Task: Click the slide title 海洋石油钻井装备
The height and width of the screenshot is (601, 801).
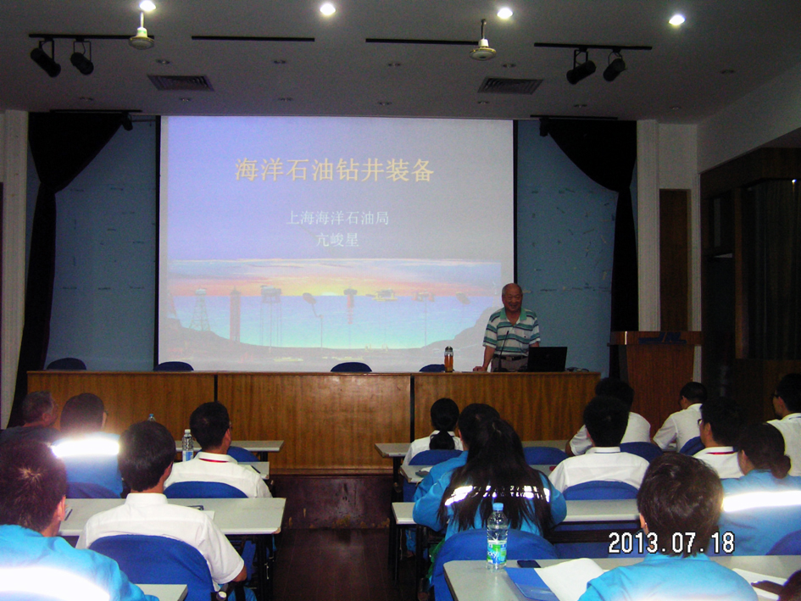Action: click(334, 170)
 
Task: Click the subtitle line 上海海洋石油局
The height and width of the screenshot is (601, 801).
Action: click(337, 218)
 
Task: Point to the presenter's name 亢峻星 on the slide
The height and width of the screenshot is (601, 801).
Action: click(337, 239)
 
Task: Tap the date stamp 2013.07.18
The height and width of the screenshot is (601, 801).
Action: click(671, 543)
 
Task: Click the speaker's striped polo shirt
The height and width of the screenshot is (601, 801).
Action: click(511, 331)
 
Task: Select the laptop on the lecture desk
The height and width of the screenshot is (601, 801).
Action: click(547, 359)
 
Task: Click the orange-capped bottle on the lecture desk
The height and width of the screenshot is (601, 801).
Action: click(448, 359)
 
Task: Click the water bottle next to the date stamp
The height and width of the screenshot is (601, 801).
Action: click(497, 536)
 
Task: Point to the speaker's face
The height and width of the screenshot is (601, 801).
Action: click(512, 297)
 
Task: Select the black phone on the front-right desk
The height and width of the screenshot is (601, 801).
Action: click(528, 564)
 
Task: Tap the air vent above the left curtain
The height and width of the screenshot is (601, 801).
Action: click(181, 83)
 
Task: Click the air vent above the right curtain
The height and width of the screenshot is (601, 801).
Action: click(509, 86)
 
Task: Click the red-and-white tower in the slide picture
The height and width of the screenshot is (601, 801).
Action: click(235, 314)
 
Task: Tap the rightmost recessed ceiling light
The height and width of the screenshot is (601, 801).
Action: click(676, 20)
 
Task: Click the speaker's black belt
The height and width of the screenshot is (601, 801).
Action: click(509, 357)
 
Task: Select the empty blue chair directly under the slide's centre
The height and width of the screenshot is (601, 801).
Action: click(351, 367)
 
